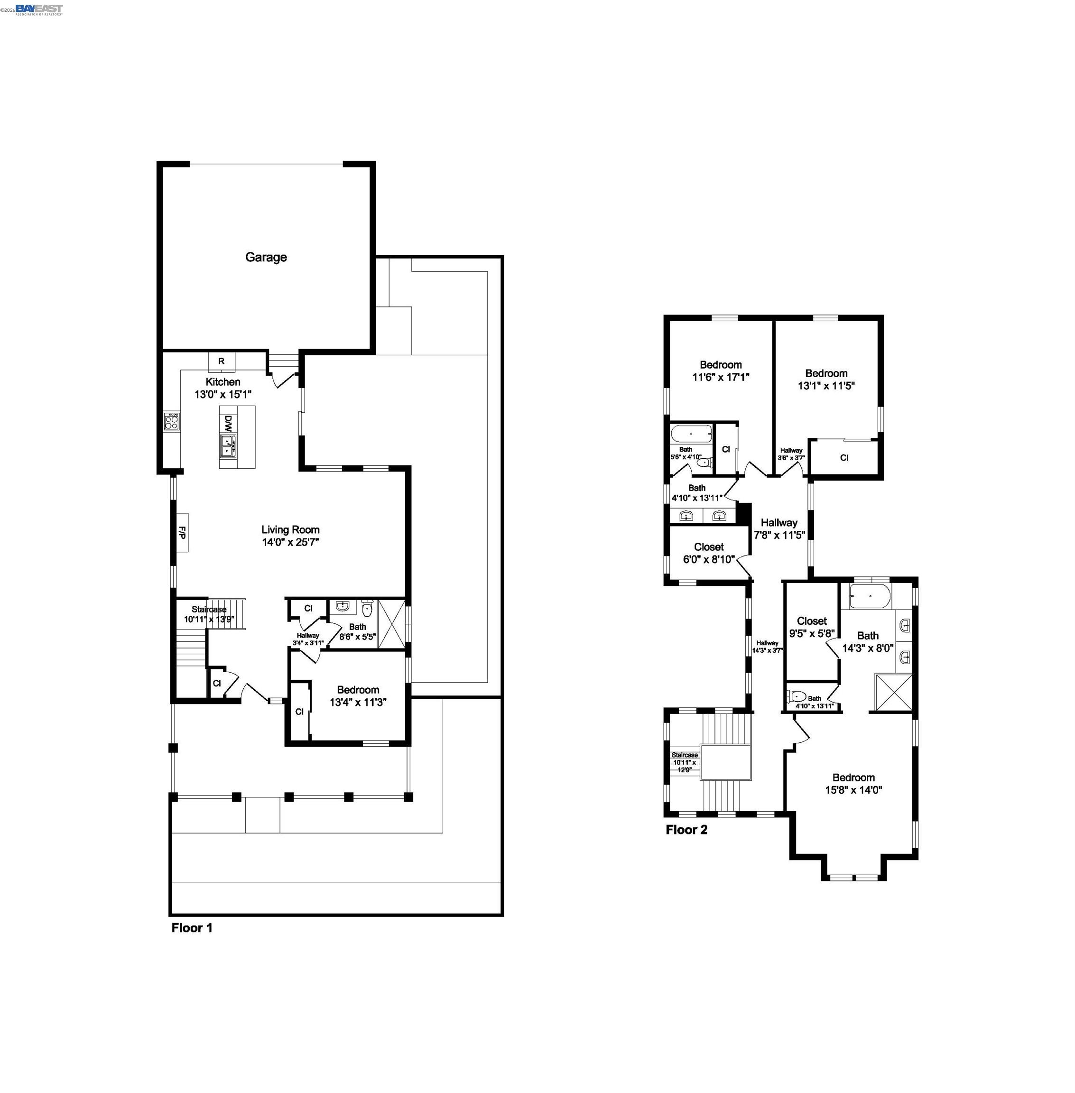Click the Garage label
click(266, 258)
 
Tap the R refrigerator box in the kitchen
click(222, 361)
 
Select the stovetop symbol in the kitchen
click(172, 421)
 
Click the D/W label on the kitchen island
click(228, 422)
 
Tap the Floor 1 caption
click(192, 927)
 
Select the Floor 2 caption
click(686, 829)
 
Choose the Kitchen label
click(222, 382)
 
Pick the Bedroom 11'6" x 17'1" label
click(721, 371)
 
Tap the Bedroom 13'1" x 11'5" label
click(826, 380)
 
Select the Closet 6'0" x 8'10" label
click(709, 553)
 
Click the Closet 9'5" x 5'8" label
click(811, 627)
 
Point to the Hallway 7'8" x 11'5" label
click(778, 529)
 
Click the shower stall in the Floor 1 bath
click(391, 624)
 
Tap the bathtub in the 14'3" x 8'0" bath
click(870, 597)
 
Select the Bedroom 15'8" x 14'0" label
click(853, 784)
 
